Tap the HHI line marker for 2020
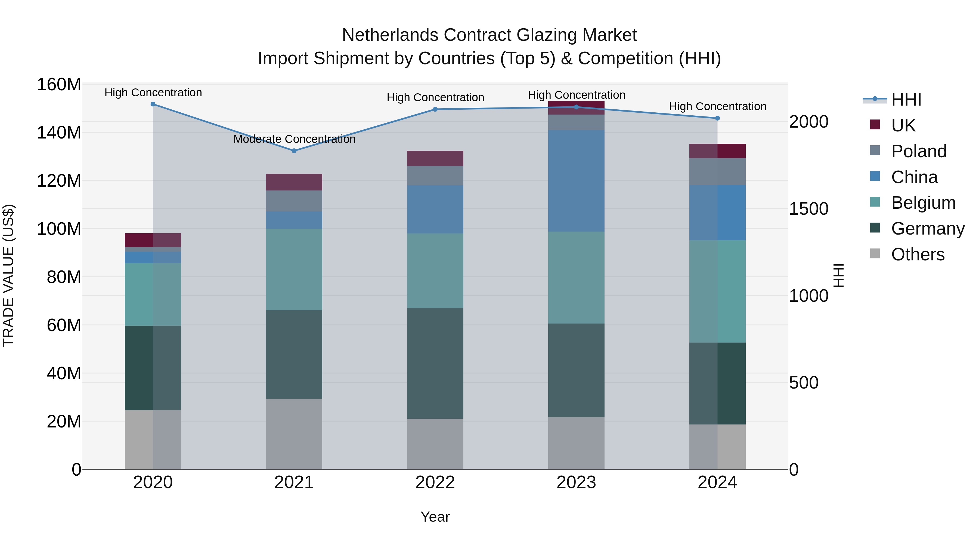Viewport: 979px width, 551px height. tap(153, 104)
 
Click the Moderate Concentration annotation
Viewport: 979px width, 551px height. tap(294, 139)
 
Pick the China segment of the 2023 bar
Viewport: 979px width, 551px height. tap(576, 181)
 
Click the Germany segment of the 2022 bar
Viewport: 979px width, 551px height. tap(435, 363)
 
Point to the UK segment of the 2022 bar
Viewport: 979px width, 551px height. tap(435, 158)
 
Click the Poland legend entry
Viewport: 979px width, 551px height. tap(919, 151)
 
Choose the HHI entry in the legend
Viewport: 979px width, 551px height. tap(906, 100)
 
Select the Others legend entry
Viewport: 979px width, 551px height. tap(918, 254)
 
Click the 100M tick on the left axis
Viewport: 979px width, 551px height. tap(59, 229)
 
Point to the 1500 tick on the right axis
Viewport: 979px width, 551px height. tap(808, 209)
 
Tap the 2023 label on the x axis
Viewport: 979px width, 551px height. tap(576, 482)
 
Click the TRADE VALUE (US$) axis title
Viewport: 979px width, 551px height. tap(8, 275)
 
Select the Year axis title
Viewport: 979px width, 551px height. tap(435, 517)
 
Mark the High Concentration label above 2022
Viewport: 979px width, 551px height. tap(435, 97)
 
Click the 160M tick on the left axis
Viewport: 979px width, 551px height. tap(59, 84)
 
